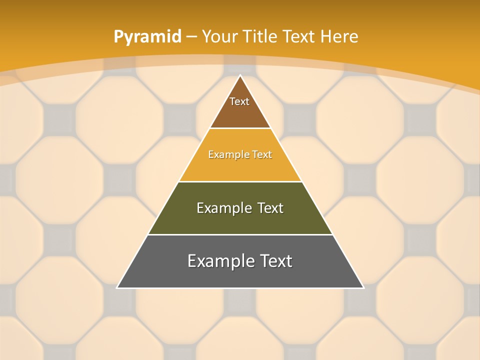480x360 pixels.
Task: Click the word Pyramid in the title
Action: point(147,37)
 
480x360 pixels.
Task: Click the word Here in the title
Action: point(339,37)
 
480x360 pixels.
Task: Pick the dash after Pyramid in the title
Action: point(191,37)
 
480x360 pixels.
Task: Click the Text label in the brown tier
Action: point(239,101)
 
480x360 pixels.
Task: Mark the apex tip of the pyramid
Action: point(240,75)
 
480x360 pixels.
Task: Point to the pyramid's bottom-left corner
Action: point(117,287)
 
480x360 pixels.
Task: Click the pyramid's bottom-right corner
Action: point(363,287)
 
